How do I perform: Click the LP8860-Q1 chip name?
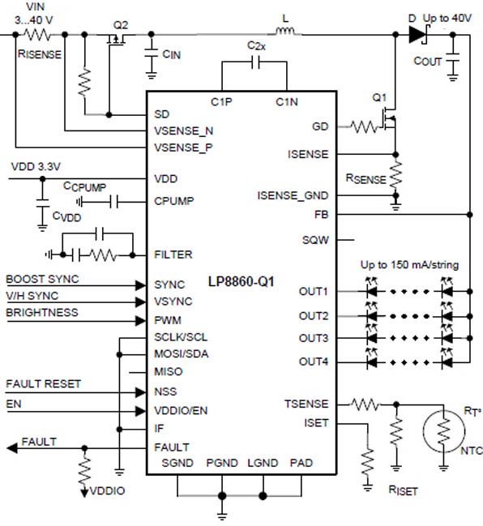pos(241,281)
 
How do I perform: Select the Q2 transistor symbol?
pos(116,39)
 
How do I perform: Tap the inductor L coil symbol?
pos(285,32)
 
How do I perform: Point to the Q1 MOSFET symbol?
pos(388,121)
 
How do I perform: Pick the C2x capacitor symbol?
pos(255,62)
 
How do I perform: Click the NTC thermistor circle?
pos(444,430)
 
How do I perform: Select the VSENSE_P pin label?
pos(183,148)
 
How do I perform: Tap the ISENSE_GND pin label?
pos(293,195)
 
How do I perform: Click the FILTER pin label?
pos(173,254)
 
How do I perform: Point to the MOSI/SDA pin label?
pos(182,354)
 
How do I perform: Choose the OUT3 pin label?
pos(314,338)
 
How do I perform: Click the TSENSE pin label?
pos(306,404)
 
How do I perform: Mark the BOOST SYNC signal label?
pos(42,279)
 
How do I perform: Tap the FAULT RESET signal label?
pos(43,384)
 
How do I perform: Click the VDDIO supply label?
pos(107,491)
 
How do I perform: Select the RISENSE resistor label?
pos(40,54)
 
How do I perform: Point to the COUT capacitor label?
pos(427,61)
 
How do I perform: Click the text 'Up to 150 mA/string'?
pos(409,265)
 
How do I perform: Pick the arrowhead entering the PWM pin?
pos(140,321)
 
